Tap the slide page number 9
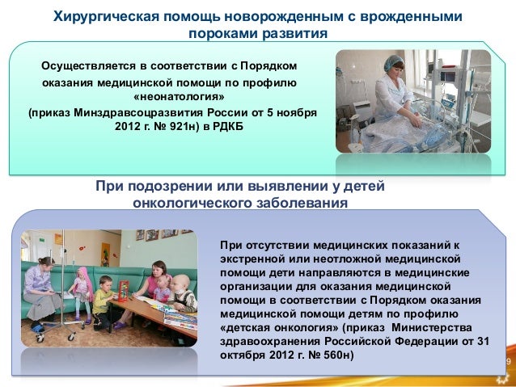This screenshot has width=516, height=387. tap(508, 361)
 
